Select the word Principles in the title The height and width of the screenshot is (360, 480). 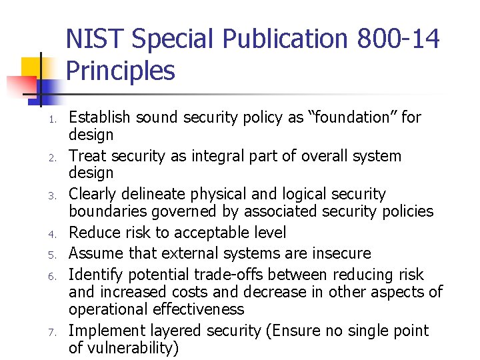tap(121, 70)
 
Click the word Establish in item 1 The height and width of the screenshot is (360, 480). tap(100, 118)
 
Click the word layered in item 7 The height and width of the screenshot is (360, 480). tap(182, 331)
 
